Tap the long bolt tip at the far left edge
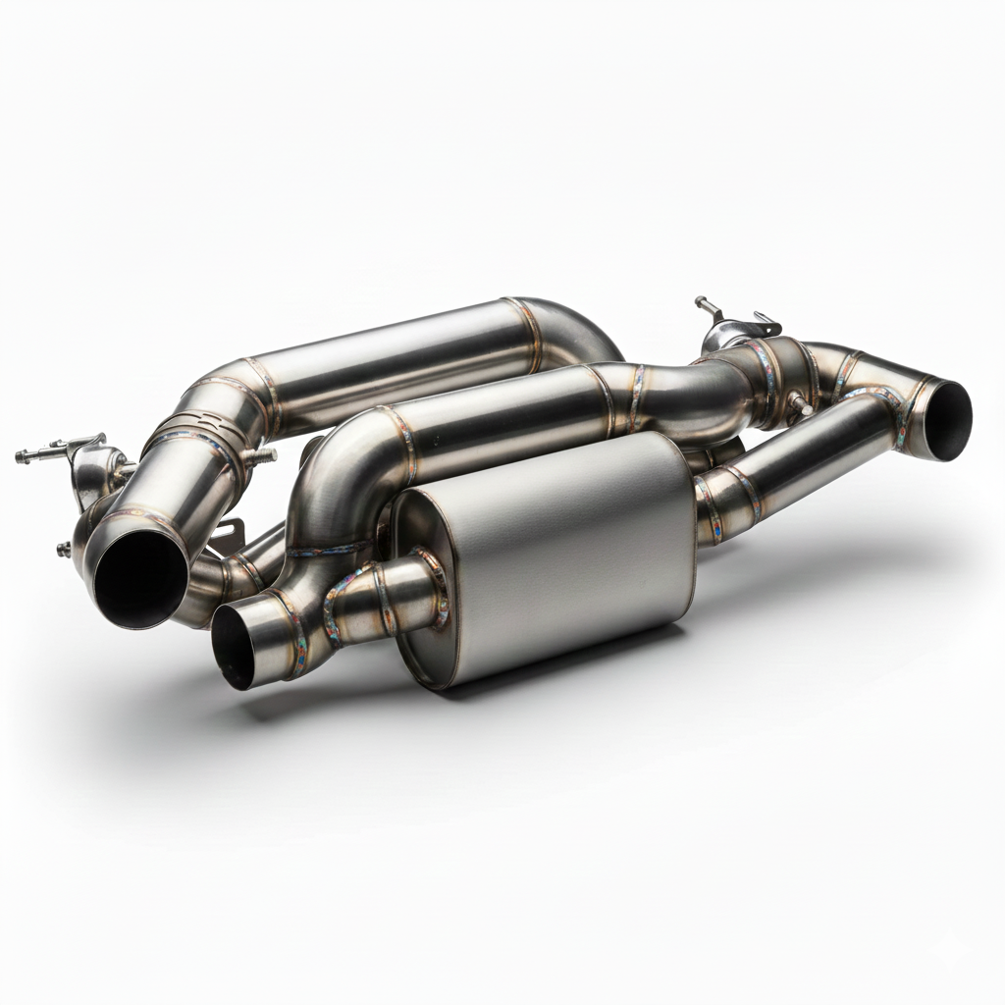pos(24,455)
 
